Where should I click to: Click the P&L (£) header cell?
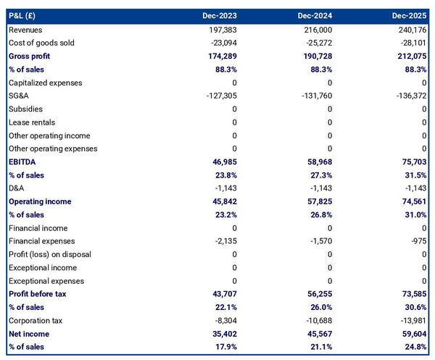click(x=25, y=16)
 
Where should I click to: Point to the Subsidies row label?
click(x=25, y=109)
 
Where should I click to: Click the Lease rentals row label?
click(x=31, y=122)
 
